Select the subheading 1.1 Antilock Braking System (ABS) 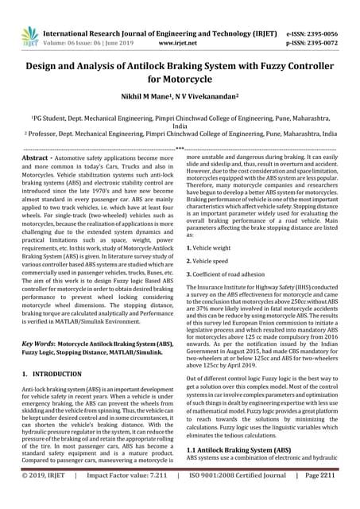click(238, 449)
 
